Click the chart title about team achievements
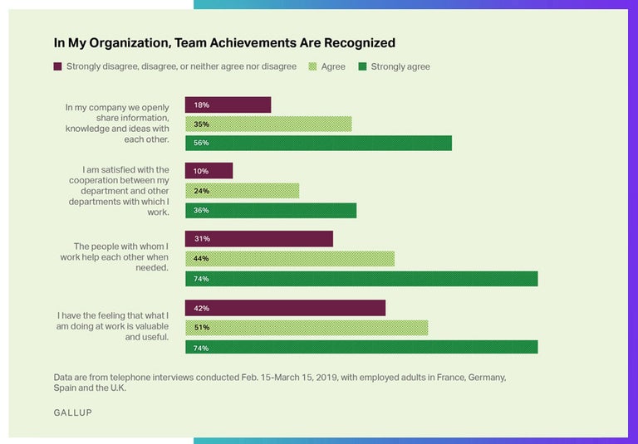tap(224, 42)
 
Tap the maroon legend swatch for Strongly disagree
tap(57, 66)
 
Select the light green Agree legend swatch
tap(312, 66)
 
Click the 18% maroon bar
tap(228, 105)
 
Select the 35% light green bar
tap(267, 124)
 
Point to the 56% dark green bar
tap(318, 143)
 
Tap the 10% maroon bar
tap(209, 171)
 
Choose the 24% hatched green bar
tap(242, 190)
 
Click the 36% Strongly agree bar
tap(270, 210)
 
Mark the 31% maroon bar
tap(258, 239)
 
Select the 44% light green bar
tap(289, 258)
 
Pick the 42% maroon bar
tap(285, 308)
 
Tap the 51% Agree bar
tap(306, 328)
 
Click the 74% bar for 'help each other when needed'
tap(361, 279)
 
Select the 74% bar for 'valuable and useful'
tap(361, 347)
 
